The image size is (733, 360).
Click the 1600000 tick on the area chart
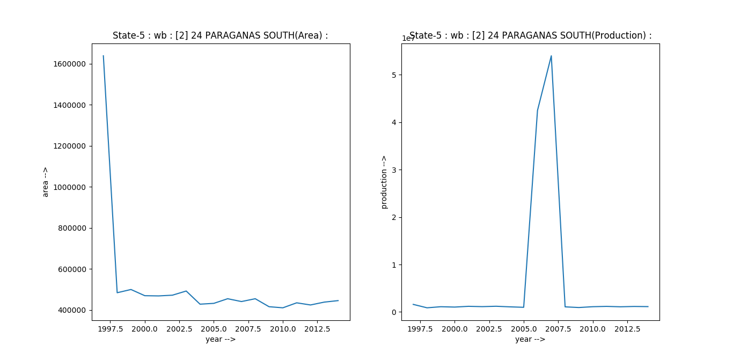pos(71,64)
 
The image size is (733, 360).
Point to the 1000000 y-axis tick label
pos(71,187)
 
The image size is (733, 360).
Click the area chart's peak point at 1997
pos(103,56)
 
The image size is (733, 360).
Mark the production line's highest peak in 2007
pos(551,56)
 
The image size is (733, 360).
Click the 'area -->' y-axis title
pos(46,182)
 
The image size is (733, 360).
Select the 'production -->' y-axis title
pos(384,182)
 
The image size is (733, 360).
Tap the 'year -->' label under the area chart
pos(221,339)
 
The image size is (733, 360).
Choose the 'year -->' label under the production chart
pos(530,339)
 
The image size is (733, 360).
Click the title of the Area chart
pos(220,35)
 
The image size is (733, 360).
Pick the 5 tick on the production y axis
pos(394,75)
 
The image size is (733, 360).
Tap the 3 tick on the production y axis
pos(394,170)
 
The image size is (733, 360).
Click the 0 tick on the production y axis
pos(394,312)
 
